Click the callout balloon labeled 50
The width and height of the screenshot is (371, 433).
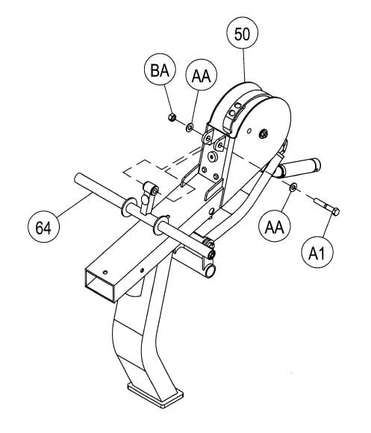click(x=242, y=33)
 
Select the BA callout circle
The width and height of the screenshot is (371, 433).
click(x=160, y=70)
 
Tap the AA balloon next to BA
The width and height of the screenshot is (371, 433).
click(x=202, y=75)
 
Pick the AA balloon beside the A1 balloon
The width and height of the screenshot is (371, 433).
click(x=275, y=226)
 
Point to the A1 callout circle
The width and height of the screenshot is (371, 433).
click(x=317, y=252)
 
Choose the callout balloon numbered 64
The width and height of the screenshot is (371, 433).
click(x=43, y=227)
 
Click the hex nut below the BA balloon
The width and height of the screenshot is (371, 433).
click(x=172, y=117)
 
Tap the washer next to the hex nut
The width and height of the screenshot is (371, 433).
click(x=190, y=128)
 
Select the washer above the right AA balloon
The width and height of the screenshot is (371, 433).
click(x=293, y=187)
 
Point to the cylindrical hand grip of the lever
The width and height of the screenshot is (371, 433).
click(x=298, y=168)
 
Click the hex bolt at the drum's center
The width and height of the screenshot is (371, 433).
click(x=264, y=134)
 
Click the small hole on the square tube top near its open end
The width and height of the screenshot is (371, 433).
click(x=105, y=272)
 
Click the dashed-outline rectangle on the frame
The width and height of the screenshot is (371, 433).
click(x=159, y=178)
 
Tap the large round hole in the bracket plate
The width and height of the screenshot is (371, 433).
click(x=212, y=156)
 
